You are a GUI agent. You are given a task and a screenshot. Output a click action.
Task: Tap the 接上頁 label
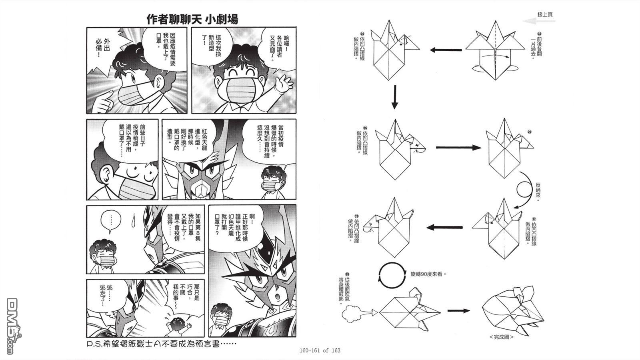click(x=544, y=14)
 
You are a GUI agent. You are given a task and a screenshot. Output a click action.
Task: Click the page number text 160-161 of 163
click(x=320, y=350)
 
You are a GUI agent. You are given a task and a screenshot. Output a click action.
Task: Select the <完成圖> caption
click(x=501, y=337)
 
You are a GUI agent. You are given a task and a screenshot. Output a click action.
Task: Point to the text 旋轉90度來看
click(x=428, y=274)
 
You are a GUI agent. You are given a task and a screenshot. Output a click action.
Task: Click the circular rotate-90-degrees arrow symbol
click(x=390, y=275)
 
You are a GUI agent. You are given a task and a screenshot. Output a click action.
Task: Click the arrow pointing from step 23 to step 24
click(x=446, y=50)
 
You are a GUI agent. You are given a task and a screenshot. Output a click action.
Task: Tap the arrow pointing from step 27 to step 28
click(x=444, y=228)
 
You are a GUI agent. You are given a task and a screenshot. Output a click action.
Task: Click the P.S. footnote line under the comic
click(x=162, y=344)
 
